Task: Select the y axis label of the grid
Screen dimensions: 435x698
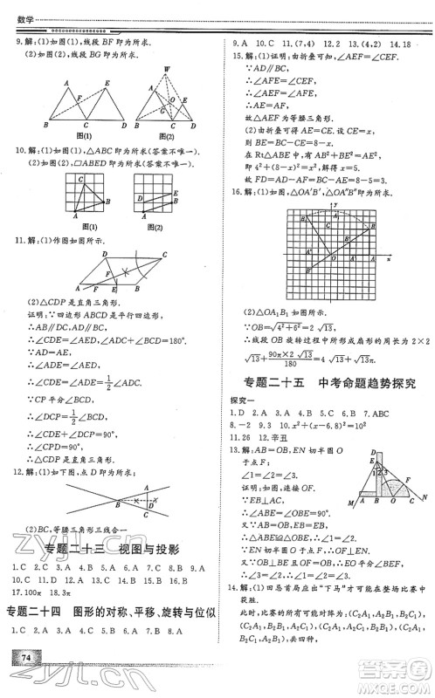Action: (x=335, y=203)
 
